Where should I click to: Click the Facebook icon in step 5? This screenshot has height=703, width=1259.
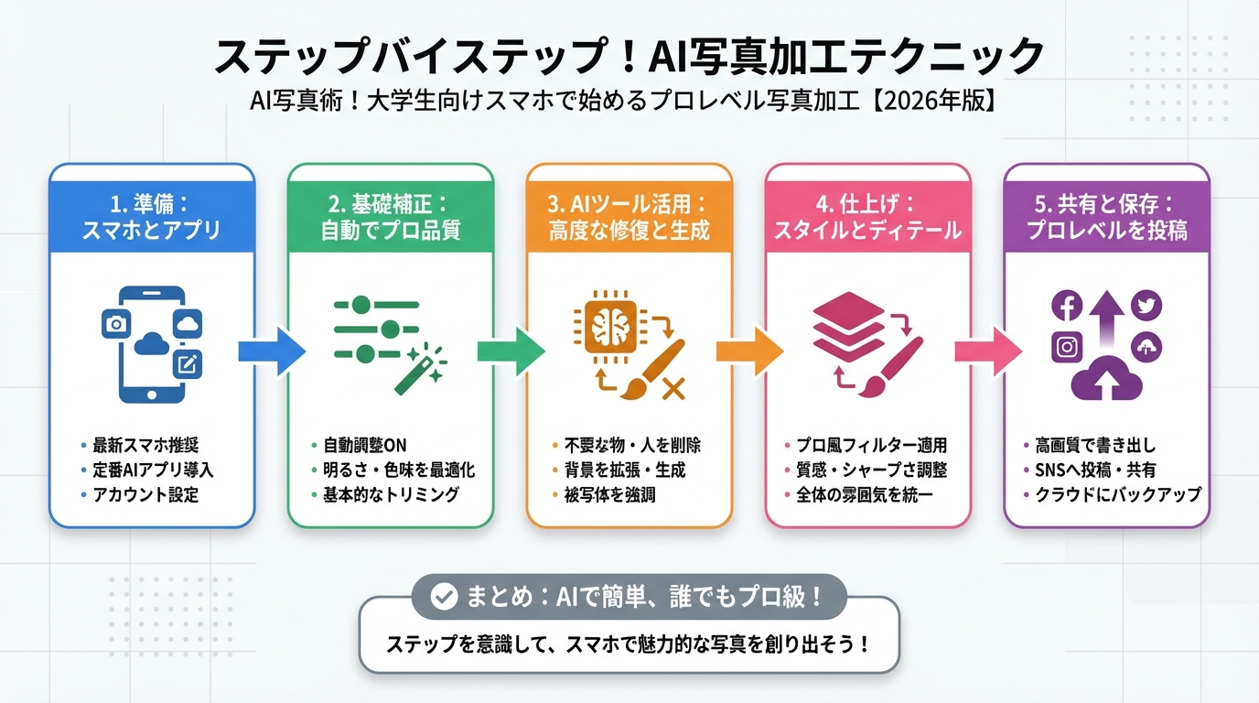[1068, 306]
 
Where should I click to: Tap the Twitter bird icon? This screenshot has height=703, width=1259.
[1146, 306]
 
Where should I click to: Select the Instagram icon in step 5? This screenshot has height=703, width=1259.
[1068, 348]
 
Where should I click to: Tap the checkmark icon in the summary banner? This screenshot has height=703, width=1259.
[444, 598]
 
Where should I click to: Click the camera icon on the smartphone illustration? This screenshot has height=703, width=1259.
[116, 323]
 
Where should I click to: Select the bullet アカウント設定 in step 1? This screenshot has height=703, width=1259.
[145, 495]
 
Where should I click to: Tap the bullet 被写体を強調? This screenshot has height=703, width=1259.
[610, 495]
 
